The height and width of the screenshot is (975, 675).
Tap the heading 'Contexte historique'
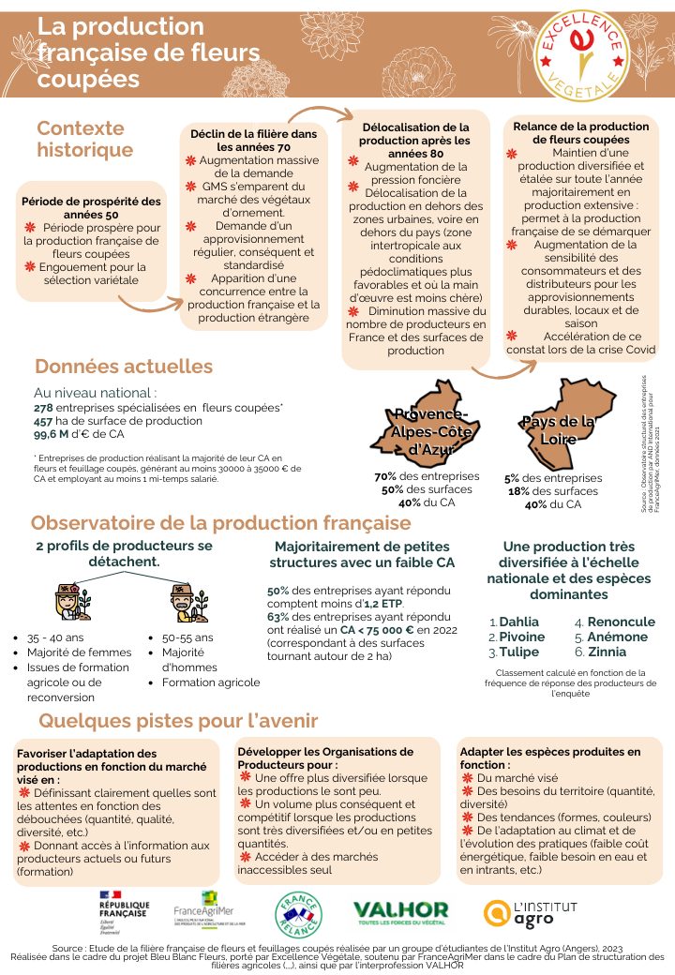coord(84,139)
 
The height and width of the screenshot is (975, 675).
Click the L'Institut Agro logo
coord(529,910)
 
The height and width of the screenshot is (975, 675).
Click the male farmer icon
coord(181,604)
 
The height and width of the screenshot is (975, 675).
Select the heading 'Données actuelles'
coord(124,367)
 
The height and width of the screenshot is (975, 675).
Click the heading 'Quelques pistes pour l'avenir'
coord(178,720)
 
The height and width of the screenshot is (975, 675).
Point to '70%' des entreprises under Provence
coord(386,476)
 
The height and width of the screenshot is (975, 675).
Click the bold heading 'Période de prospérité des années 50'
coord(91,207)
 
